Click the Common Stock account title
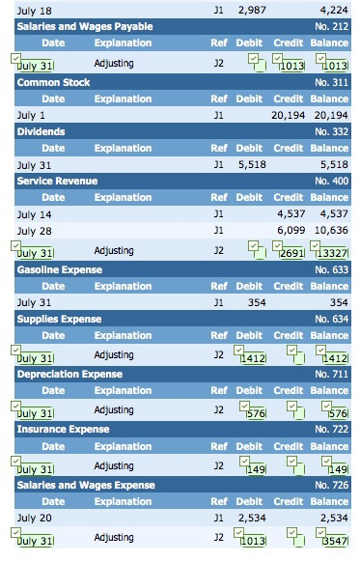53,82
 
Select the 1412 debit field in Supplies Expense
253,358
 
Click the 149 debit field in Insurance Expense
256,469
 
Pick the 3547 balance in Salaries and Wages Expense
334,542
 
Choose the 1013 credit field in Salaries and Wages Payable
291,66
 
